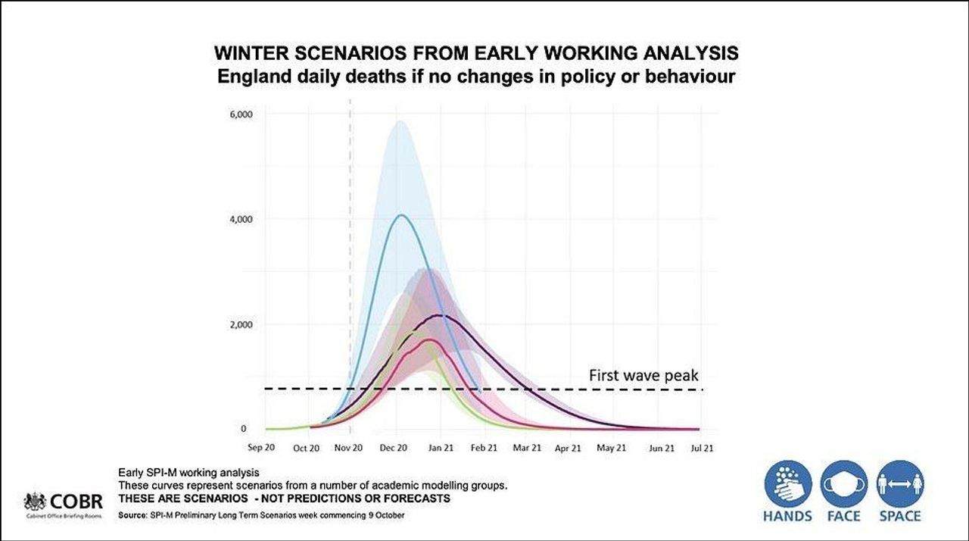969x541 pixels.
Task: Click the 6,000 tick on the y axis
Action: tap(242, 114)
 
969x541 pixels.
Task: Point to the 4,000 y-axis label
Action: tap(242, 220)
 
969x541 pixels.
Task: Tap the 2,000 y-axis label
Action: tap(242, 325)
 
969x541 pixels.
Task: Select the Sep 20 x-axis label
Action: tap(265, 448)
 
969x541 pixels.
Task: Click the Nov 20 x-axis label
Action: tap(350, 448)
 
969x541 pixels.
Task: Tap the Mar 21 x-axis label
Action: tap(527, 448)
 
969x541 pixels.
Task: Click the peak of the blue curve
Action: tap(400, 215)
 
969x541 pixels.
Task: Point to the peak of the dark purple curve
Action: tap(440, 314)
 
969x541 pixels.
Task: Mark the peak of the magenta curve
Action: tap(429, 340)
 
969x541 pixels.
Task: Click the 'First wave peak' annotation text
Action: tap(643, 375)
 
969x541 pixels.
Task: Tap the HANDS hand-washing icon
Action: tap(788, 485)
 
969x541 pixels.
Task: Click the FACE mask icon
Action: tap(844, 485)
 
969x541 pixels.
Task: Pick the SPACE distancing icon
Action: tap(899, 485)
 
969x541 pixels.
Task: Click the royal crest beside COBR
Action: tap(35, 501)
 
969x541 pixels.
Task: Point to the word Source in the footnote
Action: tap(132, 515)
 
